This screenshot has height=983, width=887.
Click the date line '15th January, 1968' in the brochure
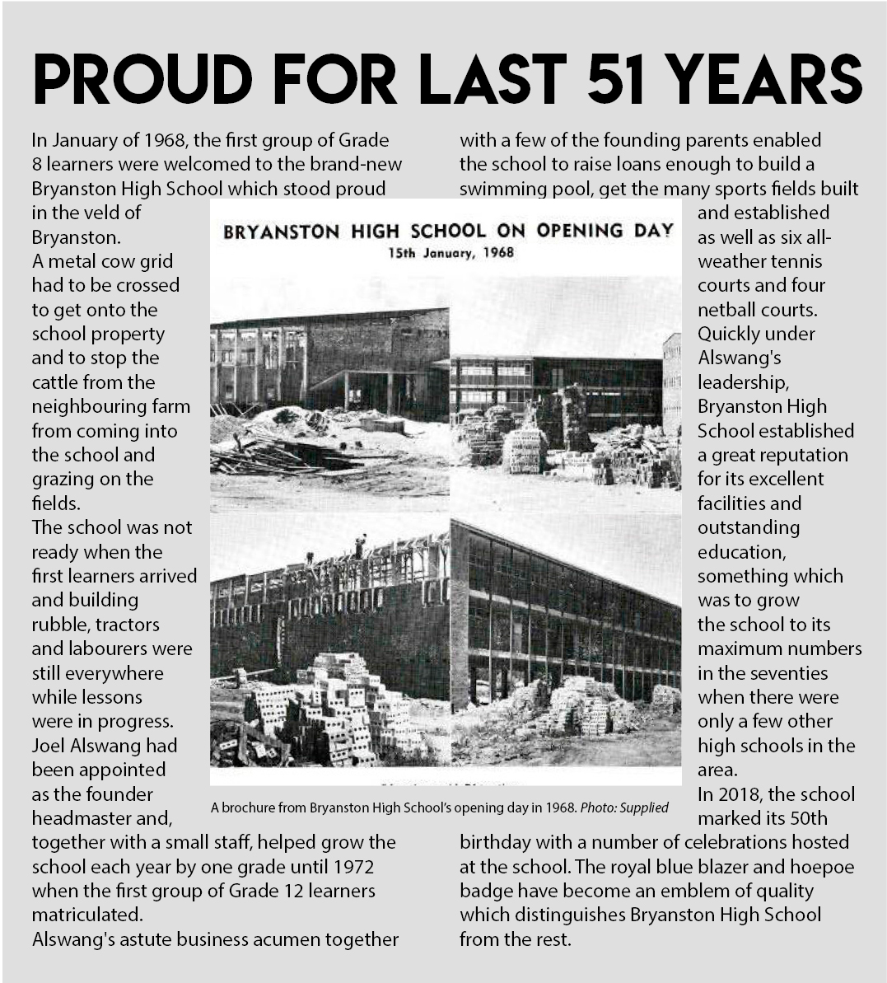(x=451, y=252)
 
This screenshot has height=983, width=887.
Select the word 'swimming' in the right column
(x=502, y=189)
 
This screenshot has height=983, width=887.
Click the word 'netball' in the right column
(x=729, y=310)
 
